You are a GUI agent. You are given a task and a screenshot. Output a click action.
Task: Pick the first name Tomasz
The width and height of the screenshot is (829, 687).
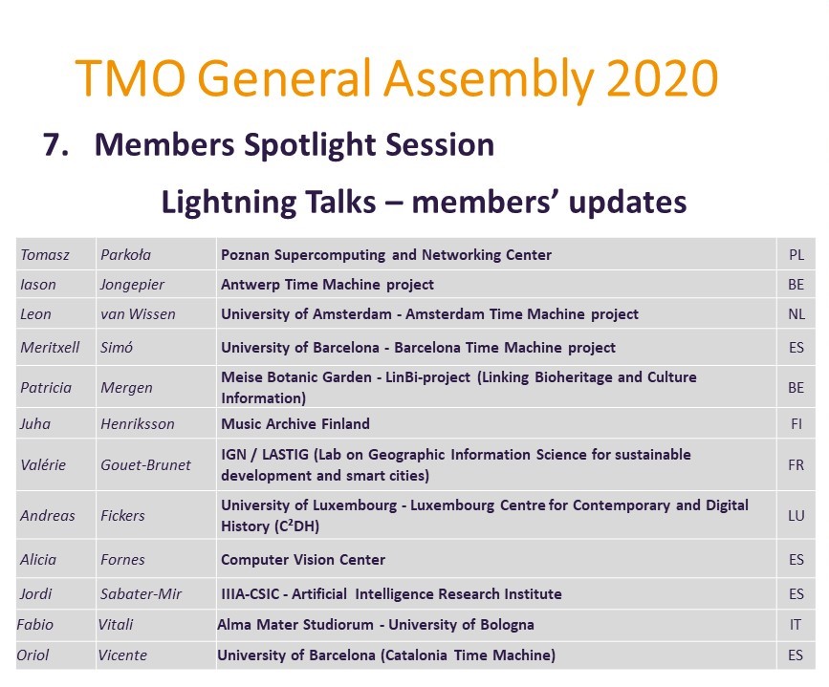point(42,255)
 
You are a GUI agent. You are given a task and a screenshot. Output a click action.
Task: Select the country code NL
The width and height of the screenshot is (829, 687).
point(796,314)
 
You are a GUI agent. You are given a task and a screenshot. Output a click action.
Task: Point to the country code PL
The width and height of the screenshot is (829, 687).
point(796,255)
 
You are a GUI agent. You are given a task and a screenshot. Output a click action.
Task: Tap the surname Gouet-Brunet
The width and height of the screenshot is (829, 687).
point(145,465)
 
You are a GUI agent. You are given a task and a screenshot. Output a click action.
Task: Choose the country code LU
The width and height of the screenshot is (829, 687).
point(796,516)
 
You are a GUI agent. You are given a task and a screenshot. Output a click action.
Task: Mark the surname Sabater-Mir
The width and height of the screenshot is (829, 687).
point(141,594)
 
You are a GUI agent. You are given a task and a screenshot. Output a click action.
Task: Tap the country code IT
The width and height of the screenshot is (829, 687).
point(796,625)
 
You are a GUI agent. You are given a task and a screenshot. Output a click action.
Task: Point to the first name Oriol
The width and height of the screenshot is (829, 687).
point(34,655)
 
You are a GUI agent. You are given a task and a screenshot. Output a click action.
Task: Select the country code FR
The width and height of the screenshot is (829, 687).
point(796,465)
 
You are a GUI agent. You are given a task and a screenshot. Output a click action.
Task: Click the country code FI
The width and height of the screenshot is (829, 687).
point(796,423)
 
